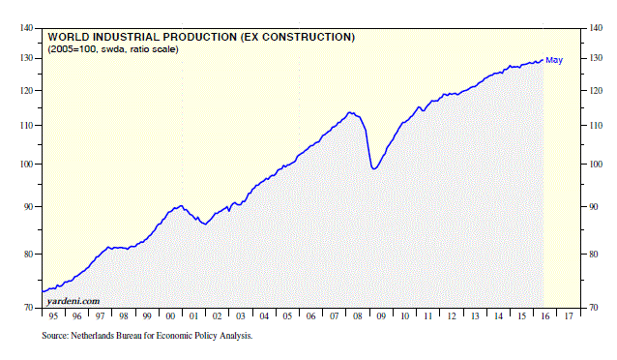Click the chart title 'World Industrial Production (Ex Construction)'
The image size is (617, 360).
201,37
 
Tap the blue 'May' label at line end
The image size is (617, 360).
555,61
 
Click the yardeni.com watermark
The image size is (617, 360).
73,301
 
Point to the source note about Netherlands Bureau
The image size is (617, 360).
147,336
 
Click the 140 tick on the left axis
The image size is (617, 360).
26,28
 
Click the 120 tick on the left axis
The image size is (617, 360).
26,91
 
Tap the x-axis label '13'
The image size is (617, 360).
471,316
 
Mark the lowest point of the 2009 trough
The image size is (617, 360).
373,169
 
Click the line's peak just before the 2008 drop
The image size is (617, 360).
350,112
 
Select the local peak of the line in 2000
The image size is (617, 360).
181,205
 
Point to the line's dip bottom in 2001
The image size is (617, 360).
203,224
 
